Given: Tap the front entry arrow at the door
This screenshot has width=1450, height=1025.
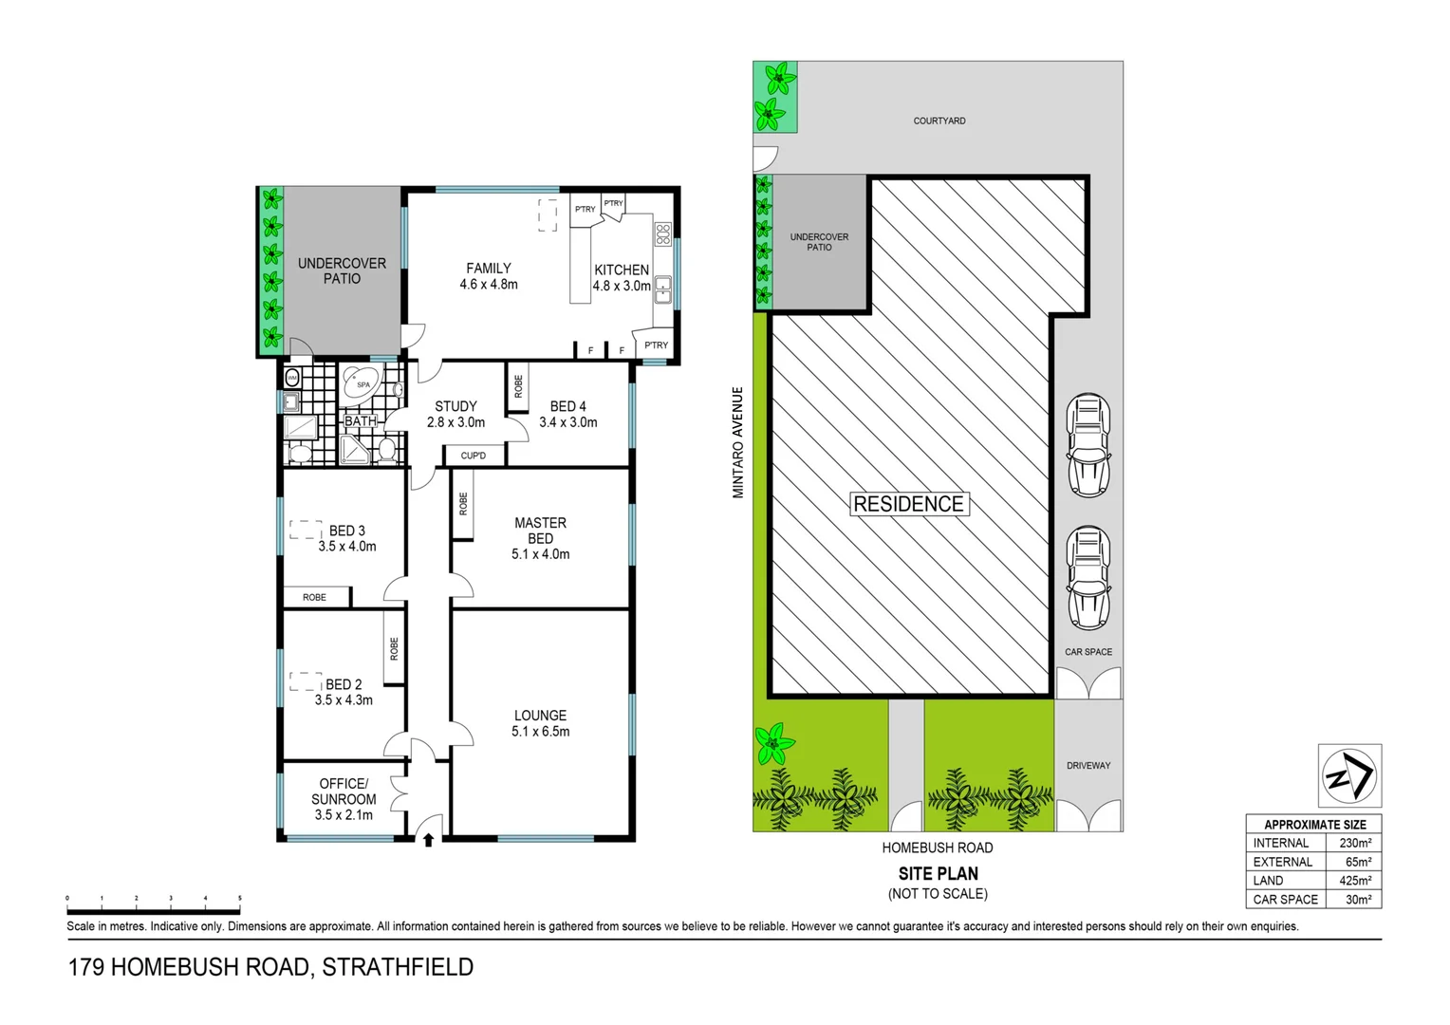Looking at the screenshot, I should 428,839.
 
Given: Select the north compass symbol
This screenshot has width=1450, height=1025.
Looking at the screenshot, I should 1349,776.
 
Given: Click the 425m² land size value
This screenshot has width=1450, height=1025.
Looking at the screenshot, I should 1354,881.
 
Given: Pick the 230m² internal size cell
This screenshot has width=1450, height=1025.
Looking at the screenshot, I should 1354,843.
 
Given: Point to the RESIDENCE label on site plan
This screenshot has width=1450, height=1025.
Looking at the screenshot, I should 908,504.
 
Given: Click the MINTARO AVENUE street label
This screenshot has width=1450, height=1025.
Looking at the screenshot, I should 737,442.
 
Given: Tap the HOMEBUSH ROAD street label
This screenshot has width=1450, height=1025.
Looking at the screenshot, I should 937,848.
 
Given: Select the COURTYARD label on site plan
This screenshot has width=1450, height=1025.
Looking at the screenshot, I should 939,121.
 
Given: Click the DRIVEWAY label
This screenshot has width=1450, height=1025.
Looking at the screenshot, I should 1087,765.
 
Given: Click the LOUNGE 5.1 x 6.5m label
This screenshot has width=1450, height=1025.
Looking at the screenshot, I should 540,723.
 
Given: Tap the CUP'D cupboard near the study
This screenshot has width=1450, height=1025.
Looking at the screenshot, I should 473,456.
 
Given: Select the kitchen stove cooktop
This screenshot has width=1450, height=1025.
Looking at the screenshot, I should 662,233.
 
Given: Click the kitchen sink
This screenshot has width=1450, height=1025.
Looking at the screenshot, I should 662,289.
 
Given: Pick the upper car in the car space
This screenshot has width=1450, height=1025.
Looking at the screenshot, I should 1088,445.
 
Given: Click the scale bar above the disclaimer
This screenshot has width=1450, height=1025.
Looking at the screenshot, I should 153,898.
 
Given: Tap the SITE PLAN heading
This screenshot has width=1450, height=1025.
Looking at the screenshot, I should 938,873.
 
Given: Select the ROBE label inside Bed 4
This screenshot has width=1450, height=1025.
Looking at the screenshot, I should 518,386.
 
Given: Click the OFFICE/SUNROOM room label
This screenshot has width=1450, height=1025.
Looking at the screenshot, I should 344,799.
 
